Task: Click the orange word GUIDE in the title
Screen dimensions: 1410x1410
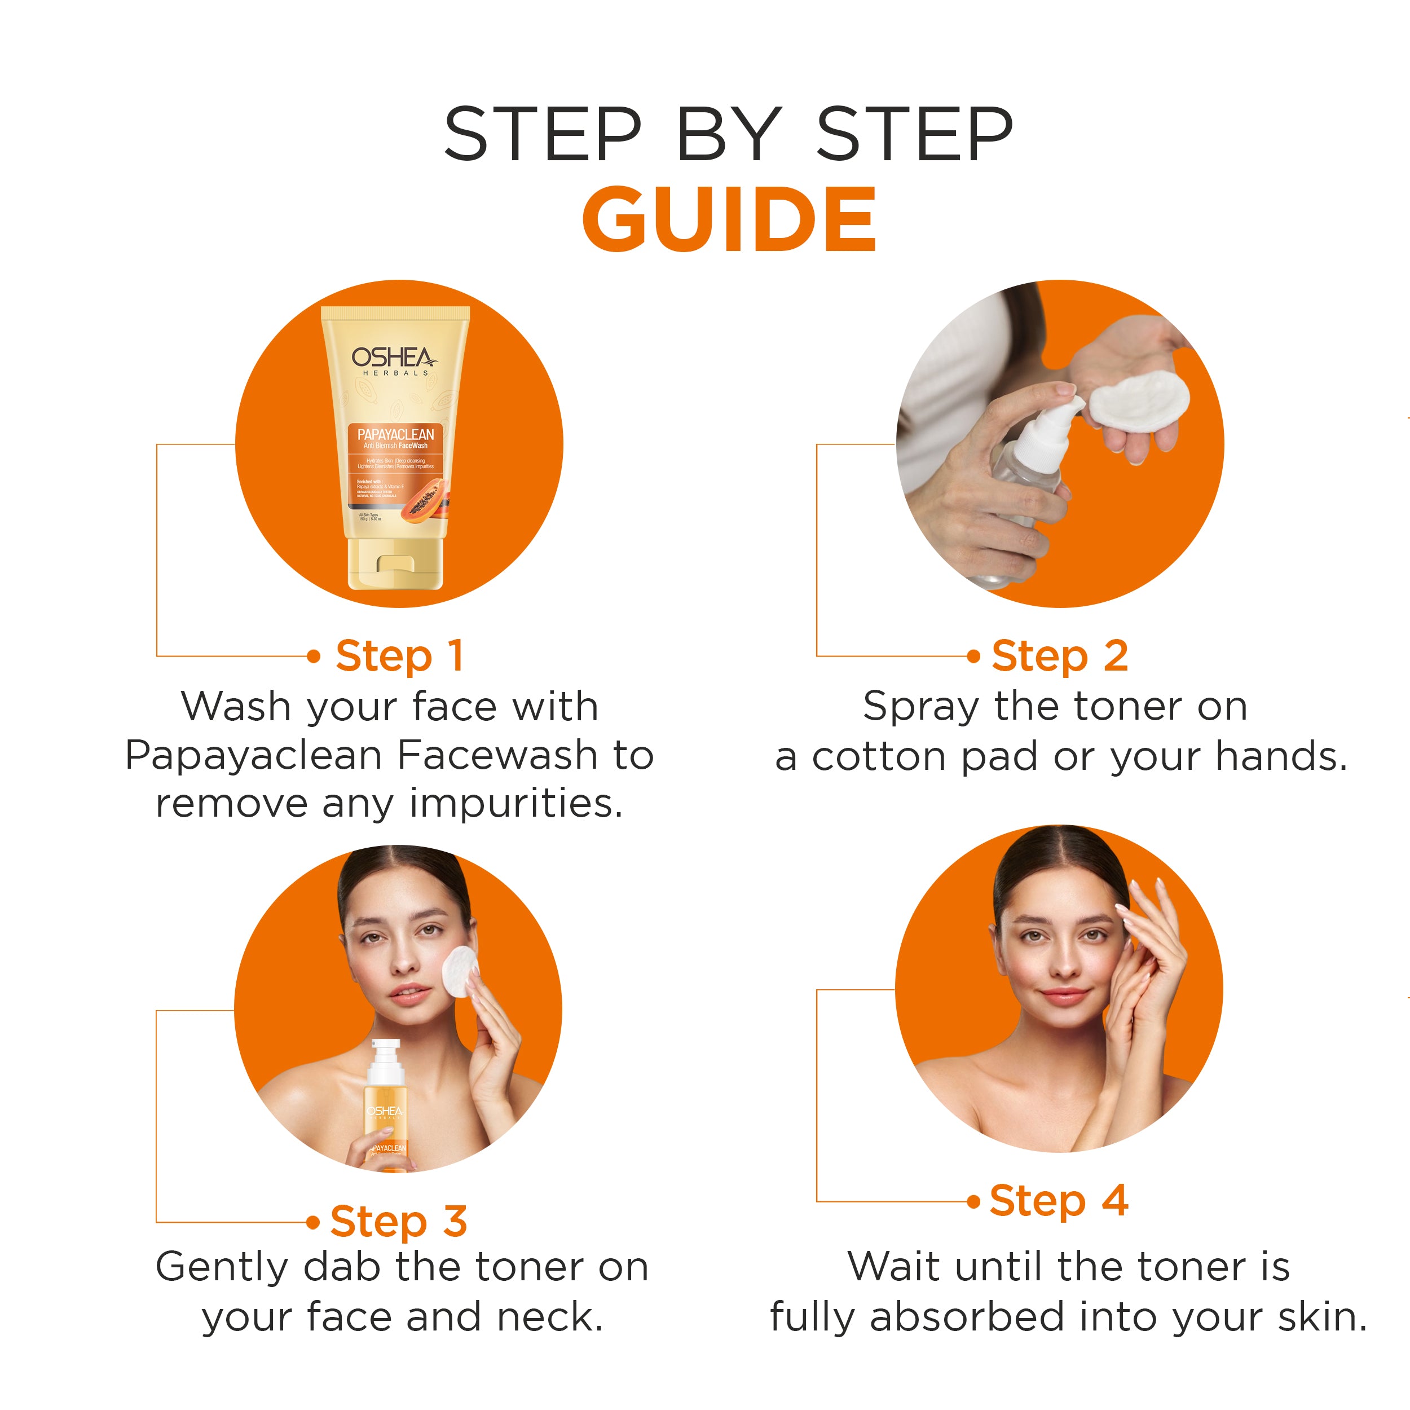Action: [x=728, y=219]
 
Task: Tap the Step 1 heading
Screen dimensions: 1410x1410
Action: [x=399, y=655]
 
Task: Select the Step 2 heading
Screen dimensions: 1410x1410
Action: [x=1059, y=655]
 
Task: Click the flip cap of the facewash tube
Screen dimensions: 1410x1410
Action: [x=395, y=563]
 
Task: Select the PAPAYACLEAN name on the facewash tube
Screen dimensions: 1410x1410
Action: [x=395, y=434]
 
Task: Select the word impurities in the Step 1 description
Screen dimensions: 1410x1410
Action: [x=516, y=804]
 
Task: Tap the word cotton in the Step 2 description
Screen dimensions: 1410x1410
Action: [x=878, y=757]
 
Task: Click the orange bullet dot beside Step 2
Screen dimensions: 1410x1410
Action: [x=973, y=656]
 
